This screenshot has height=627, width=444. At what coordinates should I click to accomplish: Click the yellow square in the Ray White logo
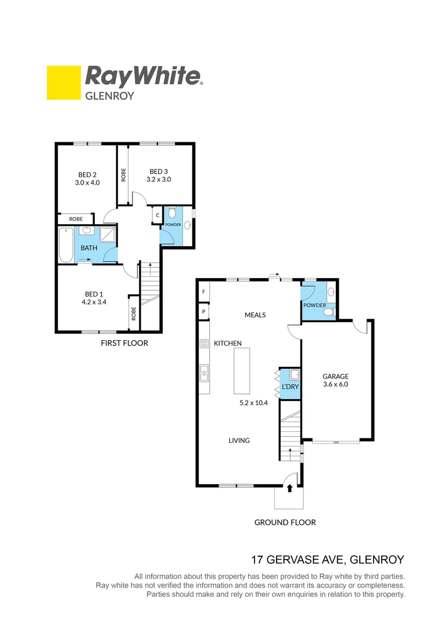click(x=63, y=82)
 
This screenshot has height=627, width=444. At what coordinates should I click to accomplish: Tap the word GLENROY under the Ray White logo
click(x=110, y=95)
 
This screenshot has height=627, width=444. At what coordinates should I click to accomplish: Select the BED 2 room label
click(x=87, y=174)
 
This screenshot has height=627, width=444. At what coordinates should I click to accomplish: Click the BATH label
click(x=89, y=248)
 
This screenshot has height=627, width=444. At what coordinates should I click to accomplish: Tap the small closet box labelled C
click(x=157, y=215)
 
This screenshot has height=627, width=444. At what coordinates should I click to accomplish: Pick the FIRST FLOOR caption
click(x=124, y=343)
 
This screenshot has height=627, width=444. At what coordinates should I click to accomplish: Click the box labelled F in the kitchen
click(x=203, y=291)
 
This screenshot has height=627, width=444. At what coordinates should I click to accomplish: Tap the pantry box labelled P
click(x=203, y=312)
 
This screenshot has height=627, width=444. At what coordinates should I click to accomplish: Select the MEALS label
click(x=255, y=315)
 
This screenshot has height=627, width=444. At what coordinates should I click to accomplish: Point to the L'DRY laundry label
click(x=289, y=387)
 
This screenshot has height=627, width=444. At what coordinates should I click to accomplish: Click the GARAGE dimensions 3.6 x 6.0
click(x=335, y=384)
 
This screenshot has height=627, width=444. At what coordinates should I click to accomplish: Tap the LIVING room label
click(x=239, y=441)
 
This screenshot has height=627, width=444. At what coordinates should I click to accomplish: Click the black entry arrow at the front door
click(x=290, y=488)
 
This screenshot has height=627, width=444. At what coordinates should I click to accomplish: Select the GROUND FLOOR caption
click(x=285, y=522)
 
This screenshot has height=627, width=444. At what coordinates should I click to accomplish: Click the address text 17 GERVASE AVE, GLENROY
click(x=327, y=560)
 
